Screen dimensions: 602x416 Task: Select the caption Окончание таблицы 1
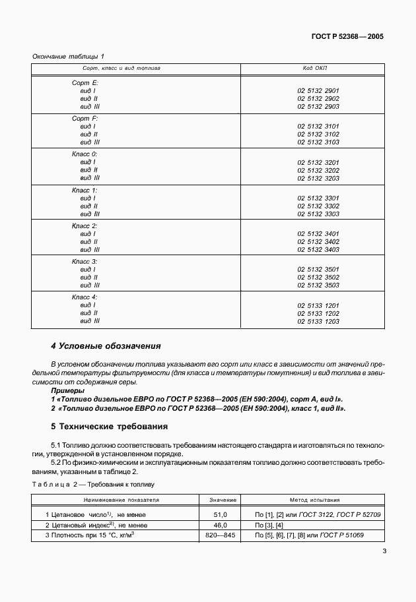point(68,57)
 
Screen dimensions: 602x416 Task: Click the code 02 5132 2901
point(318,90)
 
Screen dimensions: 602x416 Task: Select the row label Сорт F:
point(85,118)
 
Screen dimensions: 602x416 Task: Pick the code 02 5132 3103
point(318,142)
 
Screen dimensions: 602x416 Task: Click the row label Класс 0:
point(85,154)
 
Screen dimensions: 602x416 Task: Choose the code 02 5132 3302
point(318,206)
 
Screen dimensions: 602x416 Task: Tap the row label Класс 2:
point(85,226)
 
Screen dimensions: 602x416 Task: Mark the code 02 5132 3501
point(318,269)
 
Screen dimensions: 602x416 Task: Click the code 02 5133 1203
point(318,321)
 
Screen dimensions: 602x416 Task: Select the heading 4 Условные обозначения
point(106,346)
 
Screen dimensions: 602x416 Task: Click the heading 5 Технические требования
point(110,427)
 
